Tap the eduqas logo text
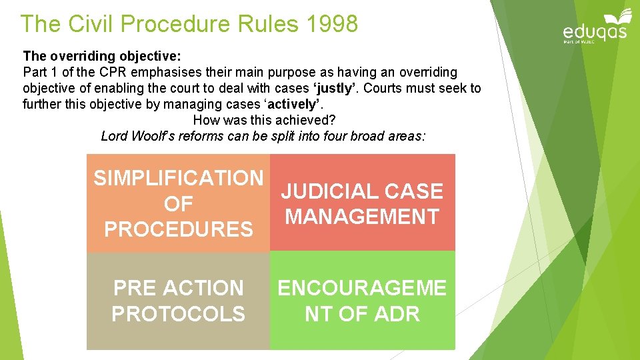coord(595,31)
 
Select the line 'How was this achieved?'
coord(264,121)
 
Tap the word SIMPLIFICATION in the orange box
coord(179,178)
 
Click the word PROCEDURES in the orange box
coord(179,229)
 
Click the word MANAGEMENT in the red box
coord(362,217)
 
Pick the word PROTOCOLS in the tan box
coord(178,314)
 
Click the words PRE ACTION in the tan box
coord(179,288)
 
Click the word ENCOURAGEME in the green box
coord(362,288)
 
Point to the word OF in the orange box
coord(179,204)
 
